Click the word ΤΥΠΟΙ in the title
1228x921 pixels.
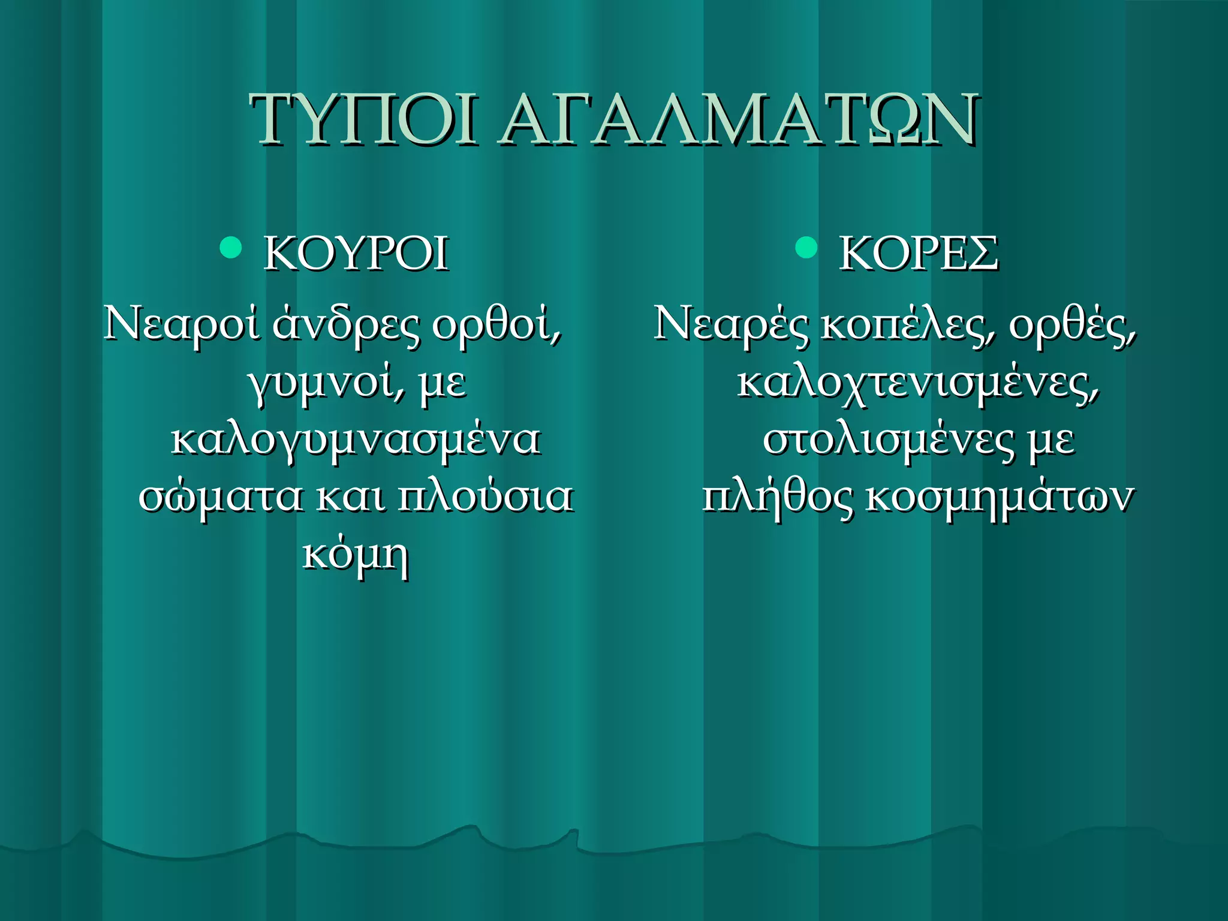pos(363,120)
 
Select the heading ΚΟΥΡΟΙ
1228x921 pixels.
pos(356,254)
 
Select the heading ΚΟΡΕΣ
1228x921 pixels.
pos(918,254)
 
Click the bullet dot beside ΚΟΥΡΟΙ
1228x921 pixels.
pos(231,246)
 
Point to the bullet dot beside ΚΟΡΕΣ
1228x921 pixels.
pos(806,246)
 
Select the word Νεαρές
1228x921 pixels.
pos(731,324)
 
